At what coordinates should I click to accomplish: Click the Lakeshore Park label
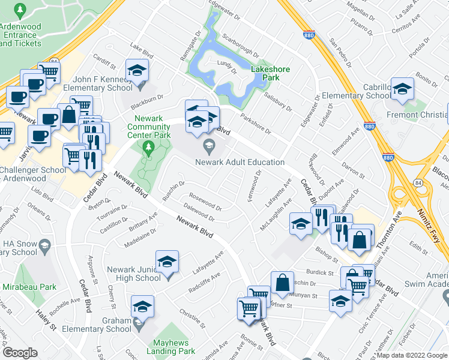[271, 73]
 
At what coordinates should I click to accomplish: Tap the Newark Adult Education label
[240, 162]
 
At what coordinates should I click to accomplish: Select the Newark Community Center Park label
[152, 127]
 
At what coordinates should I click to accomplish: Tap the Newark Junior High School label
[134, 274]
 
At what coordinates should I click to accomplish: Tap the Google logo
[20, 353]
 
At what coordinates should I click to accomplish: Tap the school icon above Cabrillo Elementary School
[402, 88]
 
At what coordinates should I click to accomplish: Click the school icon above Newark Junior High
[167, 261]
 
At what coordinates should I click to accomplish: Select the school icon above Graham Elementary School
[142, 306]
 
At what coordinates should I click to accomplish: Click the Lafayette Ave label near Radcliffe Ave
[208, 262]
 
